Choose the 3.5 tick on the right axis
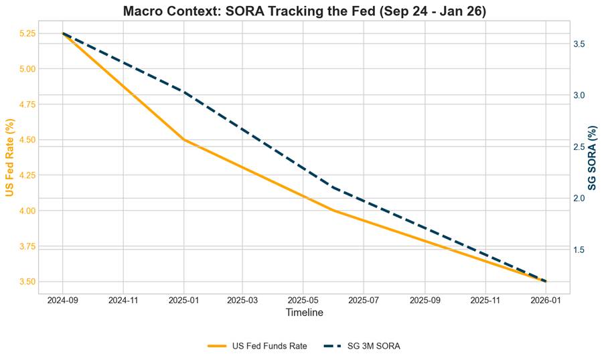tap(580, 44)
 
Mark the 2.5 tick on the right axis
tap(580, 147)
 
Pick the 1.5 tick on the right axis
tap(580, 250)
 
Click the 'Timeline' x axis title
tap(304, 313)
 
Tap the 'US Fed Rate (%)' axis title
tap(9, 157)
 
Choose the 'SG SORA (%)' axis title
tap(593, 157)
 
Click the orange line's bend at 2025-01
tap(184, 140)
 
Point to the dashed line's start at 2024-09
tap(63, 33)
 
